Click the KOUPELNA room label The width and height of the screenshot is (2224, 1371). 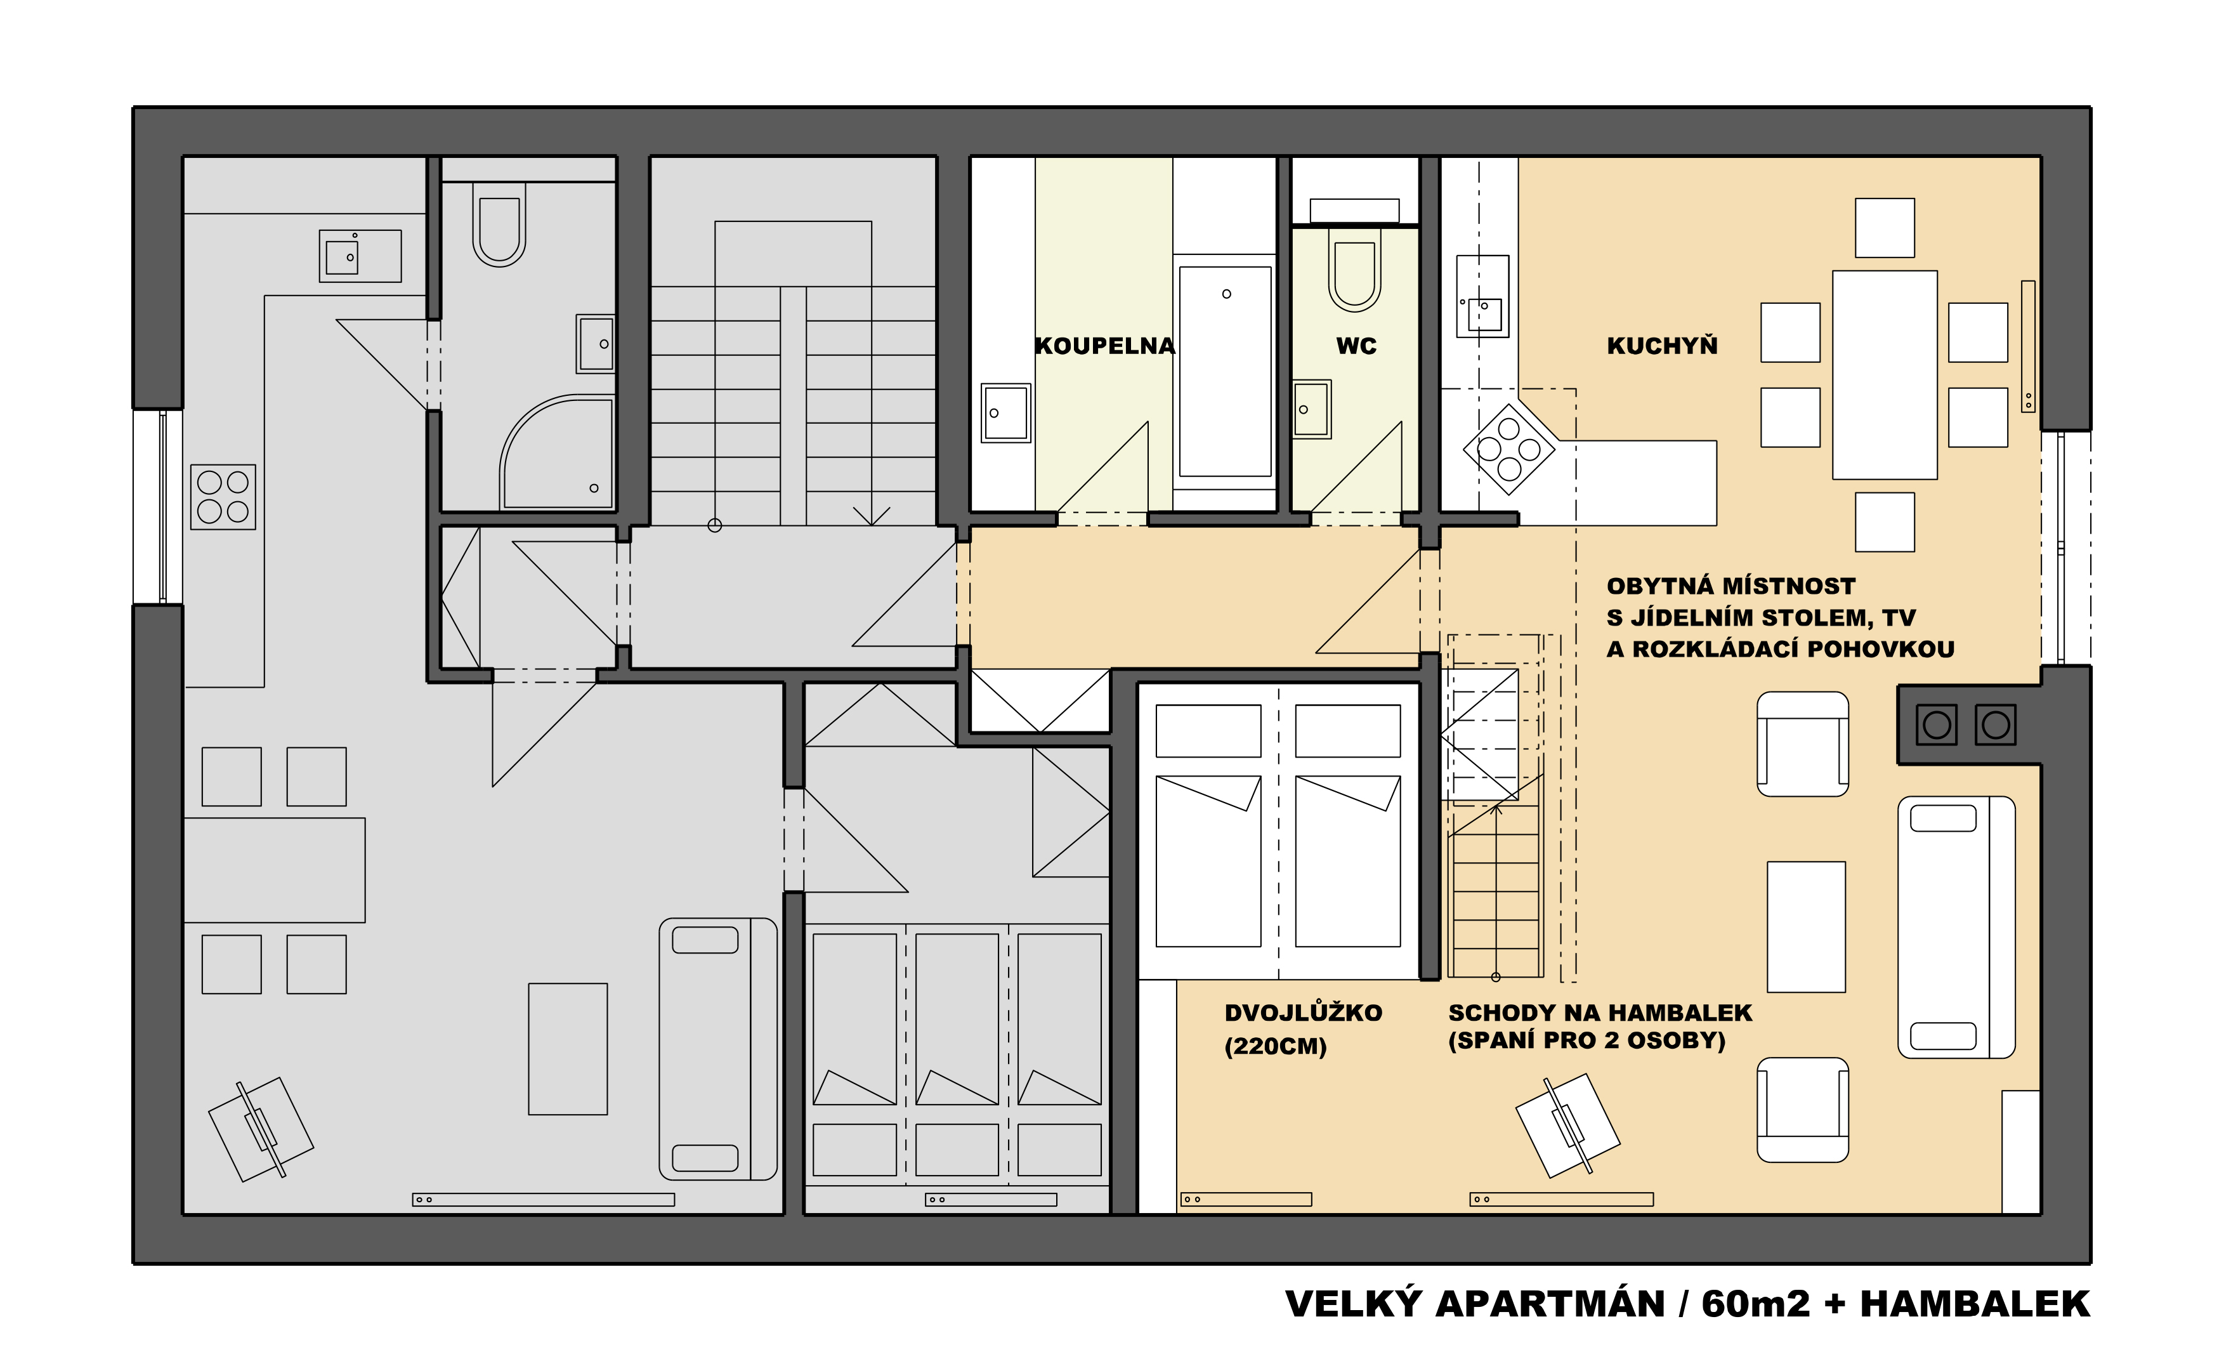pyautogui.click(x=1104, y=346)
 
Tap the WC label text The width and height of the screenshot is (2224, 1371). pyautogui.click(x=1356, y=346)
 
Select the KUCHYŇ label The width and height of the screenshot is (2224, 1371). pyautogui.click(x=1662, y=346)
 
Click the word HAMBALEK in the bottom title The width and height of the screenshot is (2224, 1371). pyautogui.click(x=1975, y=1304)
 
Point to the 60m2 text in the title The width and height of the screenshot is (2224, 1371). pyautogui.click(x=1755, y=1304)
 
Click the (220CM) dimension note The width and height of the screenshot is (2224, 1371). pyautogui.click(x=1275, y=1046)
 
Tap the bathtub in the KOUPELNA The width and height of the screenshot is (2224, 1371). pyautogui.click(x=1225, y=372)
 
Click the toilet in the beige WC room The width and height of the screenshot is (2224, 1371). pyautogui.click(x=1354, y=268)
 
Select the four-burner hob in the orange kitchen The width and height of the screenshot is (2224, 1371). pyautogui.click(x=1508, y=449)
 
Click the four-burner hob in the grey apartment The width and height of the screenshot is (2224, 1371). pyautogui.click(x=223, y=497)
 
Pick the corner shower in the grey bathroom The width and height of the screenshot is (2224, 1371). pyautogui.click(x=556, y=452)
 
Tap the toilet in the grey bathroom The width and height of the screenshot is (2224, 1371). pyautogui.click(x=499, y=224)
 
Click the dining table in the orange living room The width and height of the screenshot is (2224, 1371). pyautogui.click(x=1884, y=374)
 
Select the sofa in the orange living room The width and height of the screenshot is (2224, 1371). pyautogui.click(x=1956, y=927)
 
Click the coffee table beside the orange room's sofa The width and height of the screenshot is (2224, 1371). pyautogui.click(x=1806, y=927)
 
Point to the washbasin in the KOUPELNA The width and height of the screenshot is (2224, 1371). pyautogui.click(x=1005, y=412)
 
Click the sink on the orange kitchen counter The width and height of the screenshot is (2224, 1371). pyautogui.click(x=1482, y=296)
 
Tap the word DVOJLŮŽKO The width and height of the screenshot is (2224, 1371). pyautogui.click(x=1303, y=1013)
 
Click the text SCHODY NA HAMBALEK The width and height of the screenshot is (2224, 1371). pyautogui.click(x=1599, y=1013)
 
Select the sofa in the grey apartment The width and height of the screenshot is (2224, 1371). pyautogui.click(x=717, y=1049)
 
